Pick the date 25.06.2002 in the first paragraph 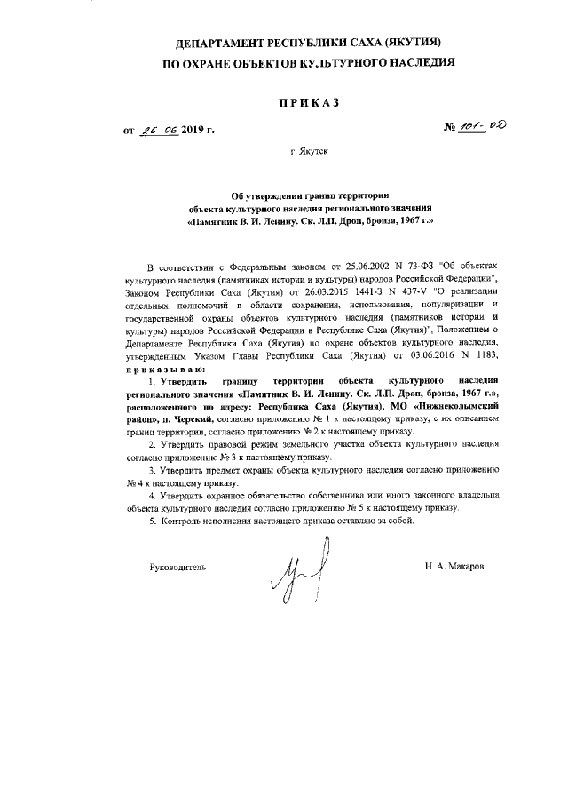coord(336,266)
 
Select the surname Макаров coord(466,565)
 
